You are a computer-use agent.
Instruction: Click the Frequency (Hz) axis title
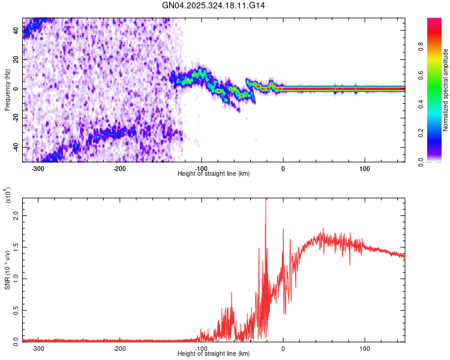click(x=7, y=89)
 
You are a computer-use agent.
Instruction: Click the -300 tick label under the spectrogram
click(x=38, y=169)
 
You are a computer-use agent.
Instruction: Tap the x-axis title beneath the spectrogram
click(x=214, y=174)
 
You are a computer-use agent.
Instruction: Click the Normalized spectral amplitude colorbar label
click(x=446, y=91)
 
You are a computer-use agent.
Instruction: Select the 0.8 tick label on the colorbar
click(x=439, y=47)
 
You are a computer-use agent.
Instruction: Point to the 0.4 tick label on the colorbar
click(x=439, y=104)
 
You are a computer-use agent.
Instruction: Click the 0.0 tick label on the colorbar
click(x=439, y=161)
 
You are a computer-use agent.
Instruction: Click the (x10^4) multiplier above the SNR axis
click(x=8, y=196)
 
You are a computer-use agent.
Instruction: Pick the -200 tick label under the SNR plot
click(x=119, y=349)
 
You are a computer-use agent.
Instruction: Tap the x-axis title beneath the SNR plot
click(x=214, y=354)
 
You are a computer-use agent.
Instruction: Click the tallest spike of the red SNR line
click(x=265, y=200)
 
